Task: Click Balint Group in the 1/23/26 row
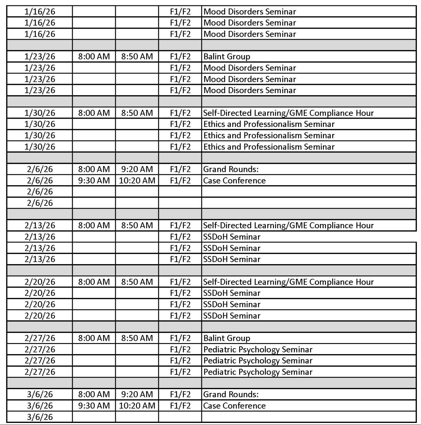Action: [227, 57]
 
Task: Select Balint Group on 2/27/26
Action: [227, 338]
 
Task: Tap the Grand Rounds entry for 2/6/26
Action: [231, 169]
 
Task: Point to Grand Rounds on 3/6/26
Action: [231, 394]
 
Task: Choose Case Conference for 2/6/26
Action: [234, 181]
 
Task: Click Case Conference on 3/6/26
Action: [234, 406]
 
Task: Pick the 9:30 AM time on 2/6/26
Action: [94, 181]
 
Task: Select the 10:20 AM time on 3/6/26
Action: [137, 406]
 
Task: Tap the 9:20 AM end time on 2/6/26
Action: [137, 169]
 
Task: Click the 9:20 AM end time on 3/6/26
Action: [137, 394]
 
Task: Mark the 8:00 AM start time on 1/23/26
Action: [94, 57]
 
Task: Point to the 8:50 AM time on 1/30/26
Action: [137, 113]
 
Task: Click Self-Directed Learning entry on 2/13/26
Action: [288, 226]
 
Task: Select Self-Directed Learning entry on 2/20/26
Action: [288, 282]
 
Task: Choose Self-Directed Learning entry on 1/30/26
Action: [288, 113]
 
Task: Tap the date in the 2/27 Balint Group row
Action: [40, 338]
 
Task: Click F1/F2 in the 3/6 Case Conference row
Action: [180, 406]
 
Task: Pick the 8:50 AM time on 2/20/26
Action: [137, 282]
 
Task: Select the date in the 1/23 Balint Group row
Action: [40, 57]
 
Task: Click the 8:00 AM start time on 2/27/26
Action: [94, 338]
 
